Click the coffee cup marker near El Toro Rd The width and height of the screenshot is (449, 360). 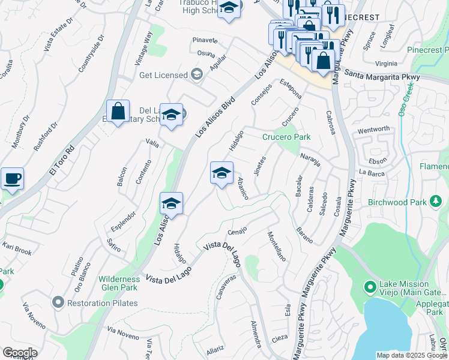12,178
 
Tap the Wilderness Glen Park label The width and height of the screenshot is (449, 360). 119,283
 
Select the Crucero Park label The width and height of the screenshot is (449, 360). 286,137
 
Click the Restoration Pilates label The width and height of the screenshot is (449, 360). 102,303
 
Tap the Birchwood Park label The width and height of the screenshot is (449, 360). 397,202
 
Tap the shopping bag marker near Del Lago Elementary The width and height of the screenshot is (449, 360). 118,111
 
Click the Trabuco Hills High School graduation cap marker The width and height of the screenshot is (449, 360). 228,9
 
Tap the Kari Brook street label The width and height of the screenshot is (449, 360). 17,250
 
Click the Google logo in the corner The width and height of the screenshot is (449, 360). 20,353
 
